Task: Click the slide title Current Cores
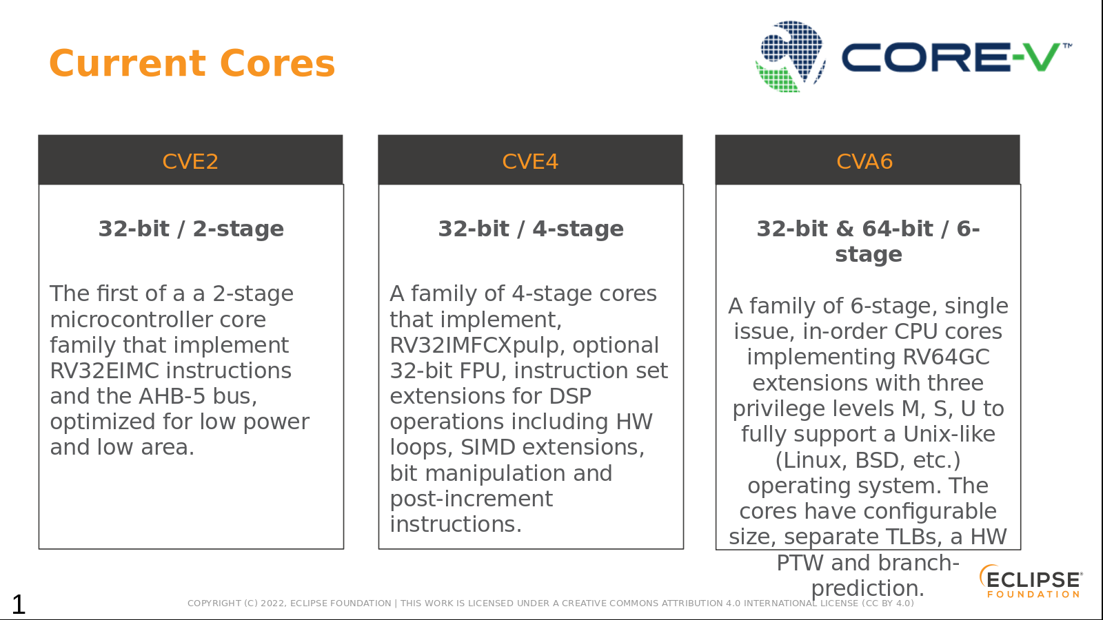192,63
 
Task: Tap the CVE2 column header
190,161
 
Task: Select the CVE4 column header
530,161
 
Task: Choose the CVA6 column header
864,161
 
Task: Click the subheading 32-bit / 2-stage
191,229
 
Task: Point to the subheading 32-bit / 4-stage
531,229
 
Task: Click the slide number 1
18,604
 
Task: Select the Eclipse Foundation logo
1031,581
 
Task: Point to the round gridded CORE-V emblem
791,56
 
